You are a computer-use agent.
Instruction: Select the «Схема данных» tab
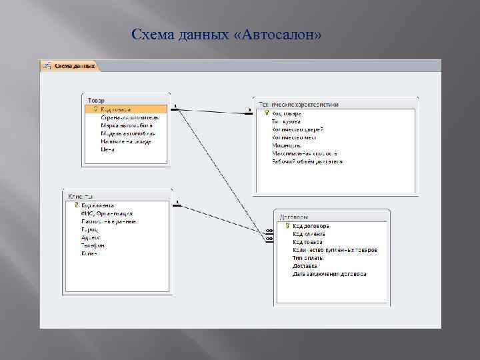point(74,65)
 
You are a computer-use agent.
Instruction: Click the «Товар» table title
point(96,100)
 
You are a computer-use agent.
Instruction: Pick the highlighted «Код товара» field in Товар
point(116,109)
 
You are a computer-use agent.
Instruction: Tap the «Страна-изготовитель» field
point(129,117)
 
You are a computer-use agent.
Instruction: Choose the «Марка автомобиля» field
point(127,125)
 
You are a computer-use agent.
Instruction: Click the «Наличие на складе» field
point(126,141)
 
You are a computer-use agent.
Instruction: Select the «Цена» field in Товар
point(108,149)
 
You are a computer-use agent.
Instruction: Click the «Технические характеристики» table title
point(299,105)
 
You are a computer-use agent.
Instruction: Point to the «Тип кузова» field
point(287,121)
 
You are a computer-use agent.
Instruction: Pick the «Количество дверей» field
point(297,129)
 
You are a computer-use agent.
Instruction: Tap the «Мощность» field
point(286,145)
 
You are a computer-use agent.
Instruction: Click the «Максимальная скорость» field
point(304,153)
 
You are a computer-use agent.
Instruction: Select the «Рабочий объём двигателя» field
point(307,161)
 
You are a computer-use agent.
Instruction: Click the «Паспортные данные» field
point(109,221)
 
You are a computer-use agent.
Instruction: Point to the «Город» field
point(89,229)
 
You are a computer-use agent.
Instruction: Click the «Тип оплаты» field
point(308,258)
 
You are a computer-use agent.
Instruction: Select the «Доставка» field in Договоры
point(305,266)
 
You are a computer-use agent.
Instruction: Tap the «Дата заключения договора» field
point(329,274)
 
